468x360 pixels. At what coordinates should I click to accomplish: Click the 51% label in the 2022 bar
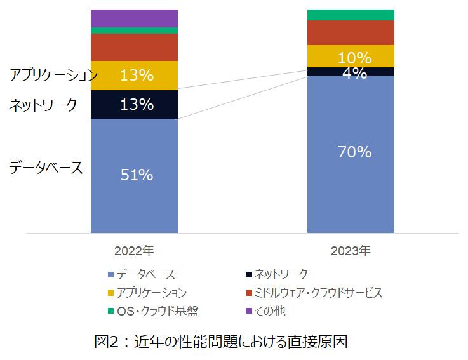(x=137, y=175)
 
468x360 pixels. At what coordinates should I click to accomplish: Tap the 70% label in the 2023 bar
(x=354, y=152)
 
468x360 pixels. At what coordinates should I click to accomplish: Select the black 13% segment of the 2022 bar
(x=134, y=105)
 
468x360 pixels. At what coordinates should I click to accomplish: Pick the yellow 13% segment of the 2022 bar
(x=134, y=76)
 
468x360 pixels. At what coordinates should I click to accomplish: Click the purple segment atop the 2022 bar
(x=134, y=18)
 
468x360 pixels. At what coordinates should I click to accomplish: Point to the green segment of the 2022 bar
(x=134, y=30)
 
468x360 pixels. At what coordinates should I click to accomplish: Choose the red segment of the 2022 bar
(x=134, y=47)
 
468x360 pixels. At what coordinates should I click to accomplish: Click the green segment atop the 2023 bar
(x=351, y=15)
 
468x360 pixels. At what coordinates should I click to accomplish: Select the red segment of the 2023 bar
(x=351, y=32)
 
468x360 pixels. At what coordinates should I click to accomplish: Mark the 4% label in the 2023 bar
(x=354, y=73)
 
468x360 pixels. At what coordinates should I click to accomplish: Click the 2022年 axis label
(x=134, y=250)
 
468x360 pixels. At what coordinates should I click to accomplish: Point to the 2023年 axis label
(x=351, y=250)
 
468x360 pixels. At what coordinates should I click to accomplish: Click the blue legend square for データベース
(x=112, y=275)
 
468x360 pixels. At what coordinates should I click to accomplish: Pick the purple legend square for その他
(x=248, y=311)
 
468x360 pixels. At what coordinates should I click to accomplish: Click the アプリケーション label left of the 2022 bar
(x=53, y=76)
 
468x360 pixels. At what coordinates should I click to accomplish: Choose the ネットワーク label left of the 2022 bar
(x=44, y=105)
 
